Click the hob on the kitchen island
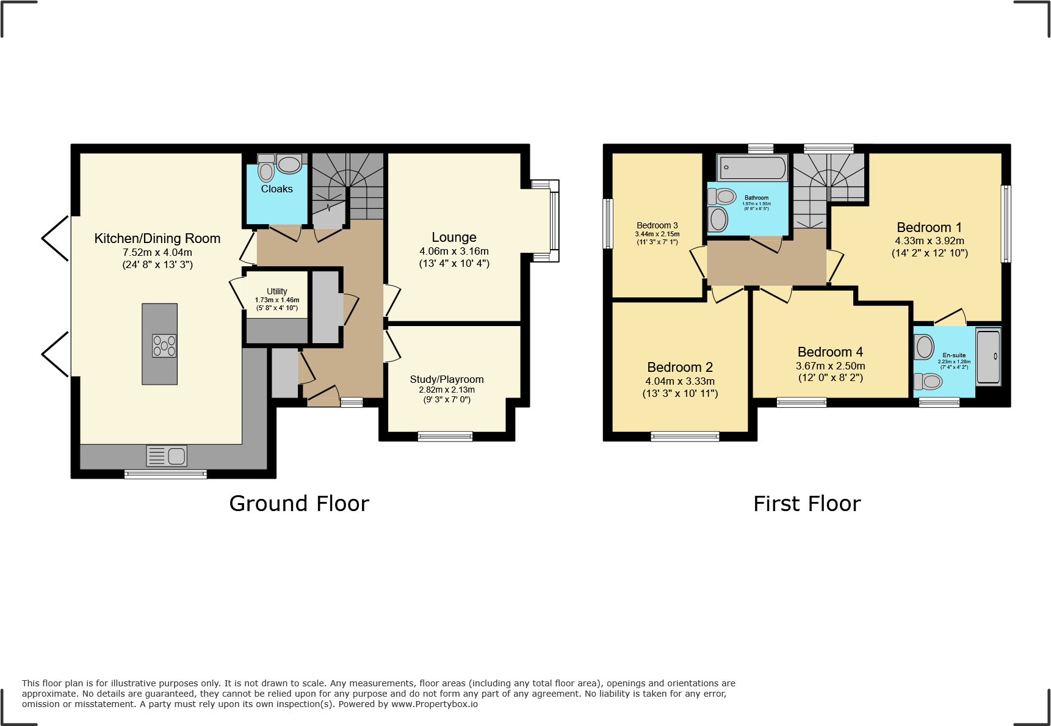[x=164, y=346]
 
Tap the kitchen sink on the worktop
[x=167, y=456]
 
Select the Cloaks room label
[x=276, y=189]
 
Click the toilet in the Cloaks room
[x=266, y=171]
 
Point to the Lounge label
[x=453, y=238]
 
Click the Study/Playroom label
[x=446, y=380]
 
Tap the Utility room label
[x=276, y=291]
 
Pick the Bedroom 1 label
[x=929, y=228]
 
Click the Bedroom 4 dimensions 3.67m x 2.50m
[x=830, y=366]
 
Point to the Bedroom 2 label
[x=680, y=367]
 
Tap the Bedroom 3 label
[x=657, y=225]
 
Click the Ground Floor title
[x=299, y=504]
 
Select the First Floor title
[x=807, y=504]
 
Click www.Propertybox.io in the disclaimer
[x=435, y=704]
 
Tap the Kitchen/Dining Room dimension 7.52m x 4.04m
[x=157, y=252]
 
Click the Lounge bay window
[x=554, y=220]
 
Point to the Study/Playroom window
[x=445, y=436]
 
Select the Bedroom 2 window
[x=685, y=436]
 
